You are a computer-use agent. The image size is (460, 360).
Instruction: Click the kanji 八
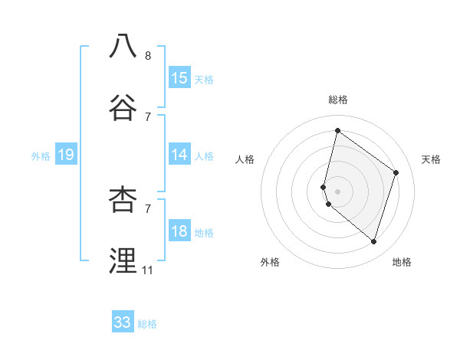123,46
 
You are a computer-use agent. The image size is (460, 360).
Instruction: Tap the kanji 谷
123,106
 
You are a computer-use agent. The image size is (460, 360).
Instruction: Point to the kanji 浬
123,260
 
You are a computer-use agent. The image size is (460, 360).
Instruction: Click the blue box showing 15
179,78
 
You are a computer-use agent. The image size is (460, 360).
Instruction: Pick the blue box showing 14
179,155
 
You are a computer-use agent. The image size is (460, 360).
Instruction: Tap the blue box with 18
179,232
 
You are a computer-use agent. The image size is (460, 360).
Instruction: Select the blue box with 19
66,155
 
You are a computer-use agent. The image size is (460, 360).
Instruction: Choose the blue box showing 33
123,322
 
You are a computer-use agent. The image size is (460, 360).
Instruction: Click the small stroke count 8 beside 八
148,56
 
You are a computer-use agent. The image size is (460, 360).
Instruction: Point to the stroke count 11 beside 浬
148,270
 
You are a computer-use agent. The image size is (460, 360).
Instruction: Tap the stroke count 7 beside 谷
148,116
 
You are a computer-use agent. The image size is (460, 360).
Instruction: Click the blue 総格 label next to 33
147,324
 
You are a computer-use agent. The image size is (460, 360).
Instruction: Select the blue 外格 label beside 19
41,156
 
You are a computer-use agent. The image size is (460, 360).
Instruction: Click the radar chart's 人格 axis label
245,159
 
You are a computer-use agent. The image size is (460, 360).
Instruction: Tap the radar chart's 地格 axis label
402,263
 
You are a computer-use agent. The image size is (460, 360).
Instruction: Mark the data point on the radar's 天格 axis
396,172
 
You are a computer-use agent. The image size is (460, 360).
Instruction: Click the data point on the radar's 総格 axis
337,130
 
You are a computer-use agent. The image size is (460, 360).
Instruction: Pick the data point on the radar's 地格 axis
373,242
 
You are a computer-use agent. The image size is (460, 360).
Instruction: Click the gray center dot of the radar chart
337,191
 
